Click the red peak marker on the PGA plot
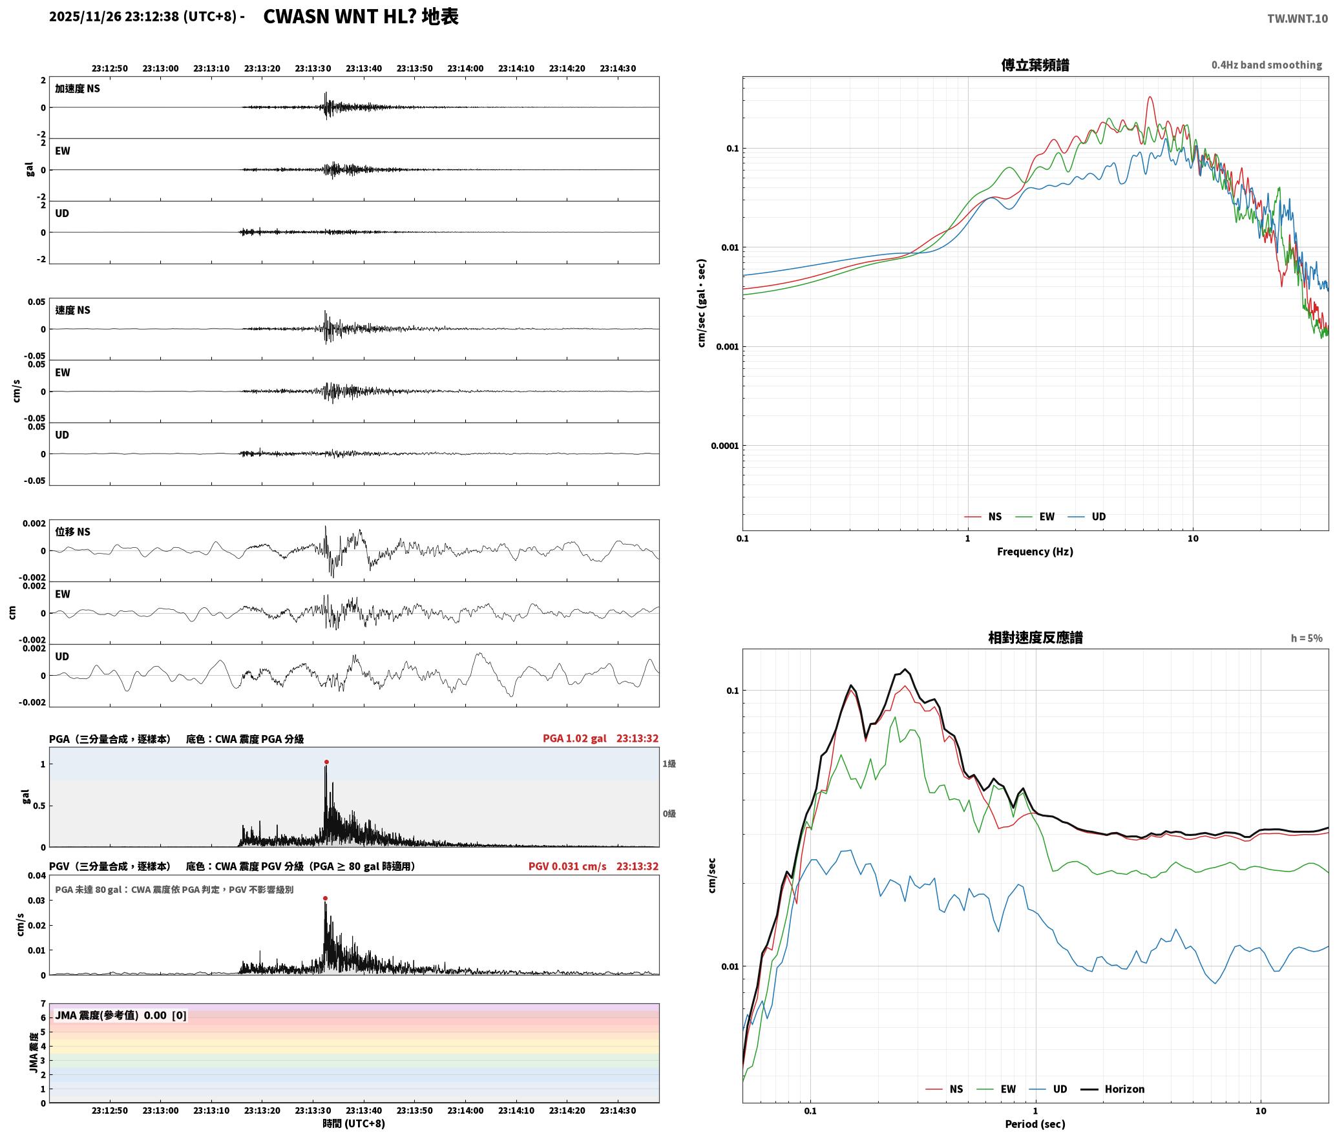(x=326, y=762)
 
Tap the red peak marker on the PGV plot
(x=325, y=899)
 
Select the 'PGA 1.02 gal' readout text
(x=574, y=738)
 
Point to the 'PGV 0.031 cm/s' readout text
(x=567, y=866)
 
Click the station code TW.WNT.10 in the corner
(x=1298, y=19)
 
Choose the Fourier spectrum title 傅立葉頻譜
(x=1035, y=65)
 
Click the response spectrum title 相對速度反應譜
(x=1035, y=638)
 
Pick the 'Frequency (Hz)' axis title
(x=1035, y=552)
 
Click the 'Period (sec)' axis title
(x=1035, y=1124)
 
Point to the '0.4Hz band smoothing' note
(x=1267, y=65)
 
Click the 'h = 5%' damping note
(x=1307, y=638)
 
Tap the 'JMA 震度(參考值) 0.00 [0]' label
(x=121, y=1016)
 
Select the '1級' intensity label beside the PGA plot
(x=669, y=764)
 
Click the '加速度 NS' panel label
(x=78, y=89)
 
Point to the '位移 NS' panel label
(x=73, y=532)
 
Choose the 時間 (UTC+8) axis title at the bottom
(x=354, y=1123)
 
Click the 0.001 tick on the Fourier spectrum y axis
(x=727, y=347)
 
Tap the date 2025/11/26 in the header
(x=85, y=17)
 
